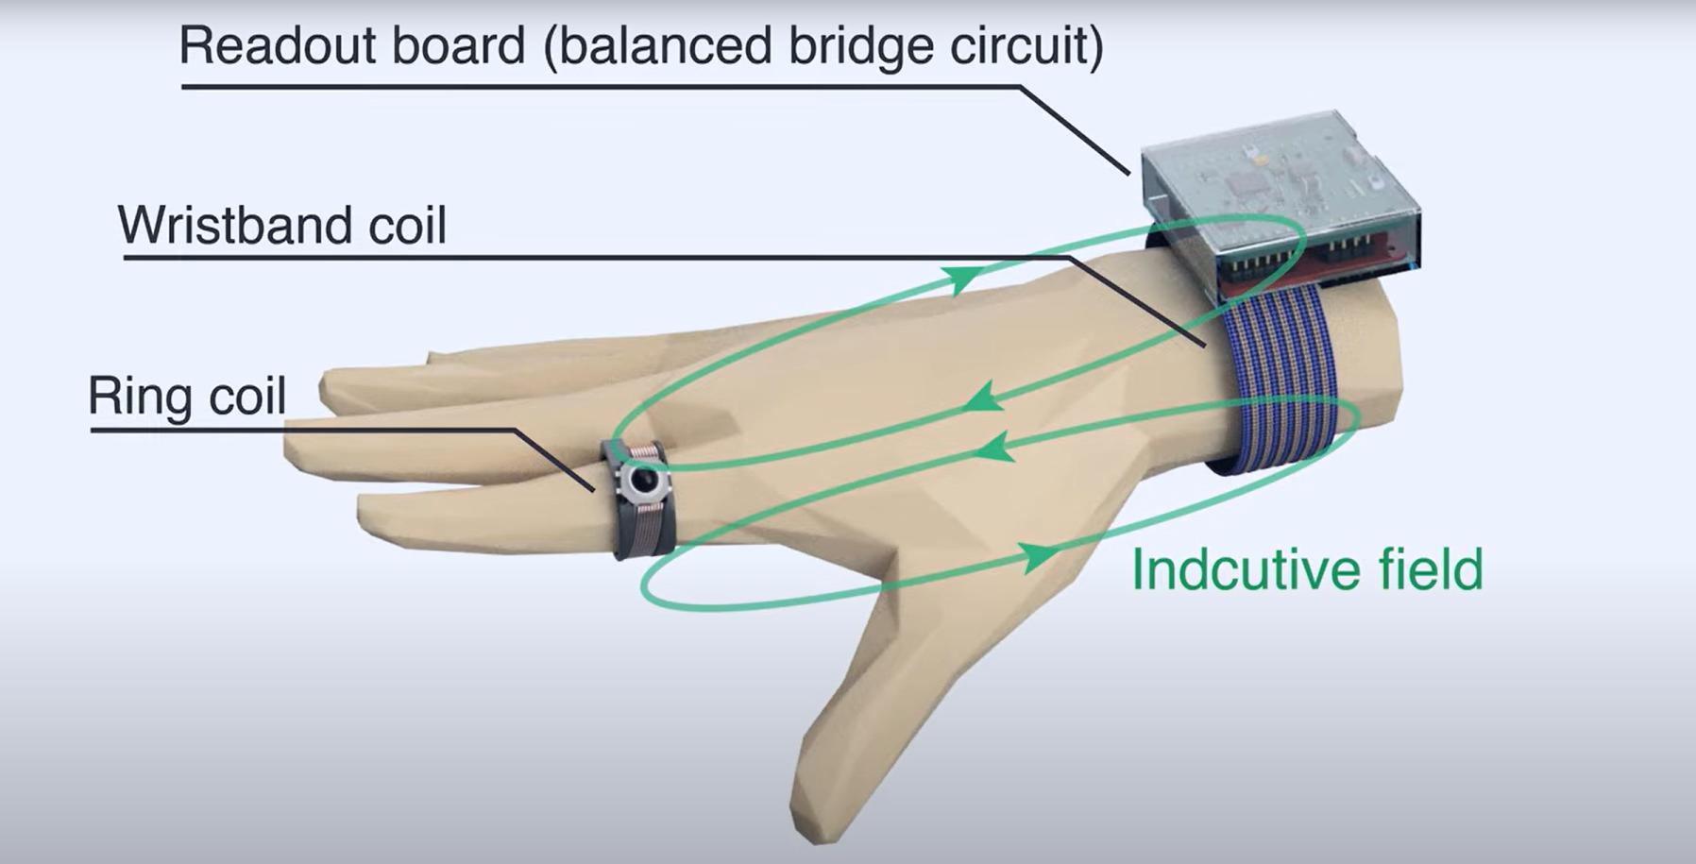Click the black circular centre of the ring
point(645,483)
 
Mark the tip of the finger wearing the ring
point(293,449)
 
